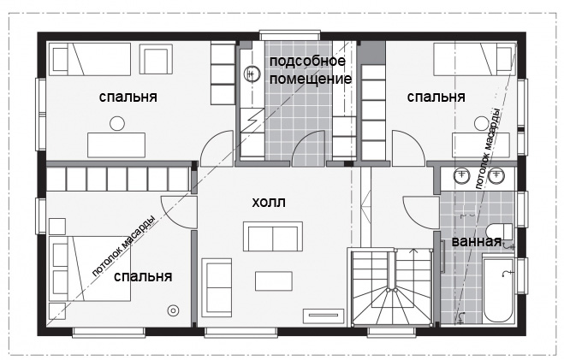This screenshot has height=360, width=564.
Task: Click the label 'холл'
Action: coord(269,203)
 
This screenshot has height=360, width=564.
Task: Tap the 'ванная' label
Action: coord(477,241)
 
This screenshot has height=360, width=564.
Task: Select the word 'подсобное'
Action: coord(307,61)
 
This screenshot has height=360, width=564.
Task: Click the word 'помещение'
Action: coord(311,79)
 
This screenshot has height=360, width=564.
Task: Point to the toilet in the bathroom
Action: coord(499,231)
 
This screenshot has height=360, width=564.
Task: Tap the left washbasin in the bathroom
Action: coord(462,175)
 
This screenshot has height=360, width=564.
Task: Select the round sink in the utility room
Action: coord(252,74)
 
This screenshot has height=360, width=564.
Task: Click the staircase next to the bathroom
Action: coord(391,286)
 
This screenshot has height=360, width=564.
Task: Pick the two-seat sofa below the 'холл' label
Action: coord(273,236)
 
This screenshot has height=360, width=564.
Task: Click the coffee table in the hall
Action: coord(274,281)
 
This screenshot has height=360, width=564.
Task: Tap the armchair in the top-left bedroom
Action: coord(156,59)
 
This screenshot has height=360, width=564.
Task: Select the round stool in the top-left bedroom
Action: coord(117,124)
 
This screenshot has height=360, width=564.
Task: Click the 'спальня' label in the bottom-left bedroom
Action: coord(143,277)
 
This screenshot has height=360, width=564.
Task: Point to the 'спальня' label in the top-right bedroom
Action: coord(436,97)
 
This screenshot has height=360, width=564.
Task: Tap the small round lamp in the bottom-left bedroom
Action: coord(173,310)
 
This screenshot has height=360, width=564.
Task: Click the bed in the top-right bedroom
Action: coord(475,59)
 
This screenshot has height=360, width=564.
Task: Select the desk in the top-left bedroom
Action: coord(116,145)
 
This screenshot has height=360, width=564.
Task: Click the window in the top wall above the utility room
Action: coord(289,35)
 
